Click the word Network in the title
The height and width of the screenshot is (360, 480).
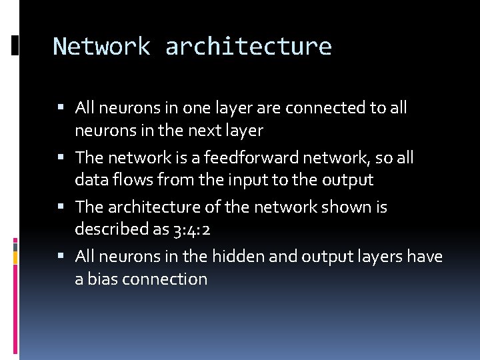101,47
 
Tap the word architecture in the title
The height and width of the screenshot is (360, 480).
248,47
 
